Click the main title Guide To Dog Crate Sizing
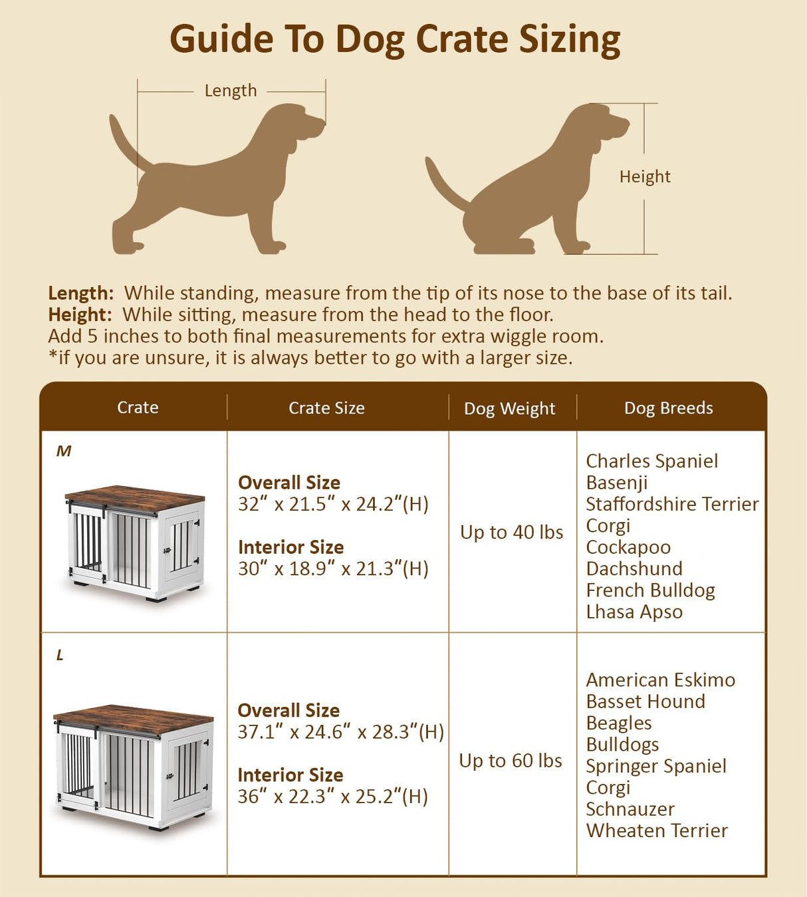point(395,39)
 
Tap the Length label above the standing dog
point(230,90)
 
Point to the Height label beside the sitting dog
point(644,176)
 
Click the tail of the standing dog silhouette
point(126,143)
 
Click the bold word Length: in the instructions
point(80,293)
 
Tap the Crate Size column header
point(326,408)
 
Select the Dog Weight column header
point(509,408)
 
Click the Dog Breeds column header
point(668,408)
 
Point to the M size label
point(64,451)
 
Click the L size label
point(60,655)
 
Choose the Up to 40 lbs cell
point(511,532)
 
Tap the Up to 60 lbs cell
point(511,760)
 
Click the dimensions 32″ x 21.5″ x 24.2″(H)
point(333,504)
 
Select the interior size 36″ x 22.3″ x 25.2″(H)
point(332,796)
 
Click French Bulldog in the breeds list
point(650,590)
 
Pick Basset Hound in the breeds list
point(645,701)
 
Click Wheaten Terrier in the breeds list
point(656,830)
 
